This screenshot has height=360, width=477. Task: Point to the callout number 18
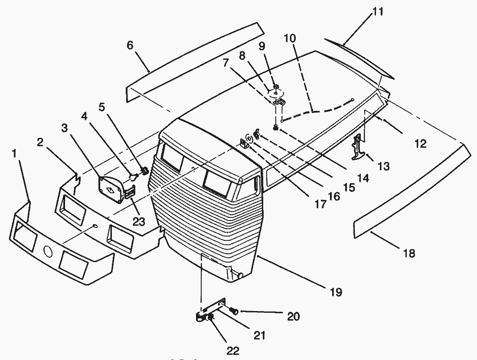click(x=409, y=253)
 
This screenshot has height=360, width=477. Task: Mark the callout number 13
click(x=383, y=166)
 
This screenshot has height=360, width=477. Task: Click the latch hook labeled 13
click(x=358, y=148)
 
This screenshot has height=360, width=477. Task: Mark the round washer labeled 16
click(x=250, y=139)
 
